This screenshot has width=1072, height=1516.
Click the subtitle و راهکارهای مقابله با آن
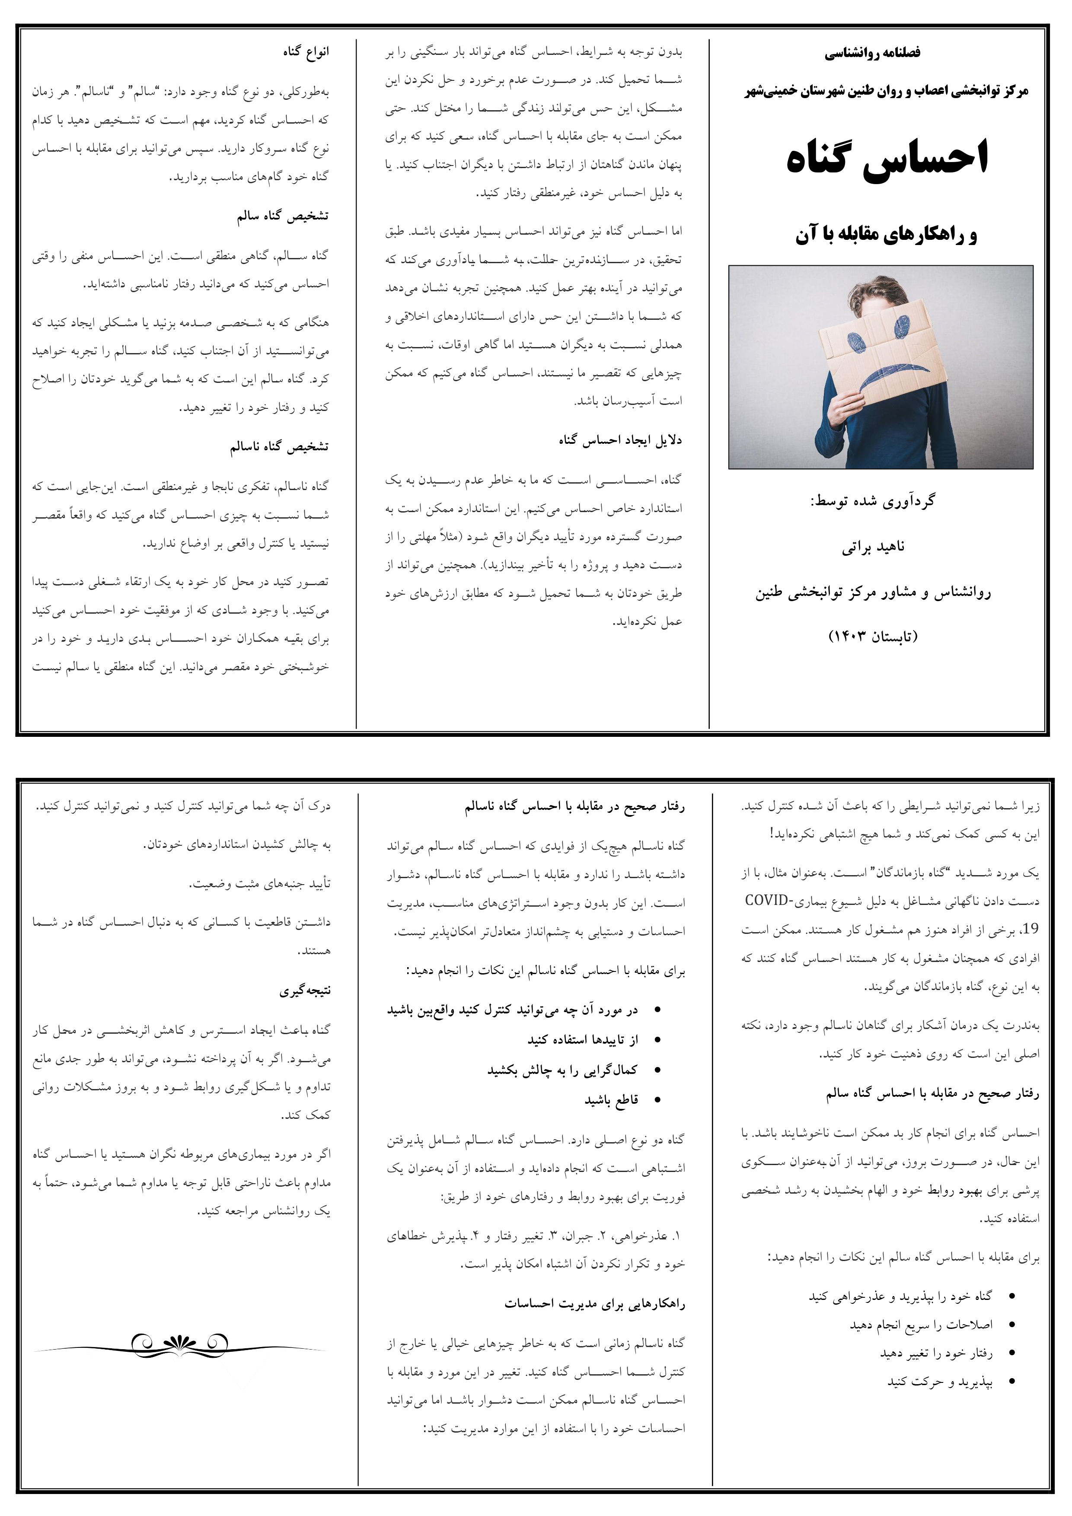tap(886, 234)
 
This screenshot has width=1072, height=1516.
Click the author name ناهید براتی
tap(873, 548)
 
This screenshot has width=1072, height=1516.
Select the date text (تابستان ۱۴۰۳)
tap(873, 637)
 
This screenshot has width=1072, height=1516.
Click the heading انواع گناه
tap(306, 52)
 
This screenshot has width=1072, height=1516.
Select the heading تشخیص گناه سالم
tap(283, 217)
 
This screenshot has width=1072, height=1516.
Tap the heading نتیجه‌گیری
tap(304, 990)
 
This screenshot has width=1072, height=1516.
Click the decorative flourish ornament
tap(180, 1344)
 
